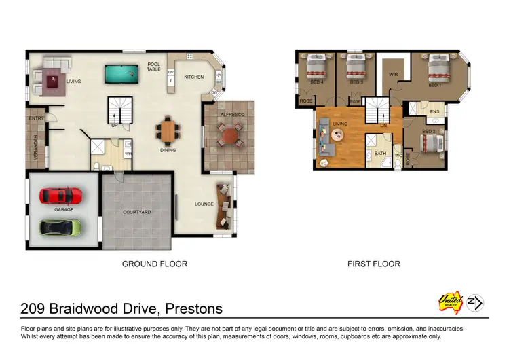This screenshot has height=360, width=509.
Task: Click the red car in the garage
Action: pos(61,196)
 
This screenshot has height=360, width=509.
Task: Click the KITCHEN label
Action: pos(193,77)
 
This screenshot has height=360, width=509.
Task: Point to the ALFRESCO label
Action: pos(231,115)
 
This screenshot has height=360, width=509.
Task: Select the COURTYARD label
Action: pos(136,212)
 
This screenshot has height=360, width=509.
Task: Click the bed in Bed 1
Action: pos(434,70)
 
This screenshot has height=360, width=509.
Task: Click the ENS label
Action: pos(434,111)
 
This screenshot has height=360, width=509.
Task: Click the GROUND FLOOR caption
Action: pos(154,264)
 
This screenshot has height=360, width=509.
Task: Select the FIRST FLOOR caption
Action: pos(373,264)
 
